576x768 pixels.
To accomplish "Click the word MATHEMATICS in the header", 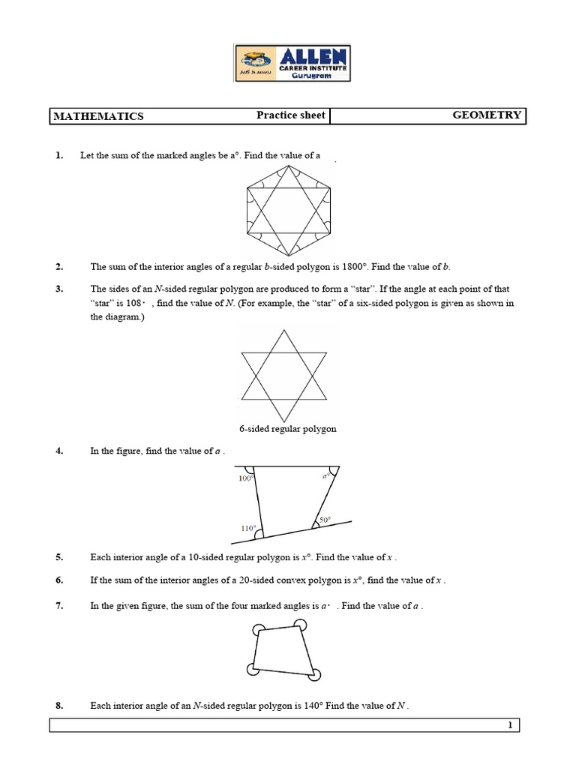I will pos(97,116).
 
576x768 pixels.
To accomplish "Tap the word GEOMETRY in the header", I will pos(487,115).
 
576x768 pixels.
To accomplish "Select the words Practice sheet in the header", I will pos(291,115).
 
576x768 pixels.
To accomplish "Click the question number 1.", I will pos(58,155).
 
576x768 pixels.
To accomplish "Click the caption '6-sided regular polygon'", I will pos(288,429).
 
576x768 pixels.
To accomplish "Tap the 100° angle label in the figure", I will pos(246,478).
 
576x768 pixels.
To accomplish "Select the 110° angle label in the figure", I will pos(248,528).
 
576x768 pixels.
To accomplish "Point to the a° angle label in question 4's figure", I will pos(325,476).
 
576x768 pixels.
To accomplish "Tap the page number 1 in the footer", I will pos(509,724).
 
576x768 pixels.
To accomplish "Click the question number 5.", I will pos(58,557).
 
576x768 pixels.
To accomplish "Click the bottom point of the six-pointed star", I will pos(283,421).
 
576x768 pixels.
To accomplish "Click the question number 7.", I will pos(58,605).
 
